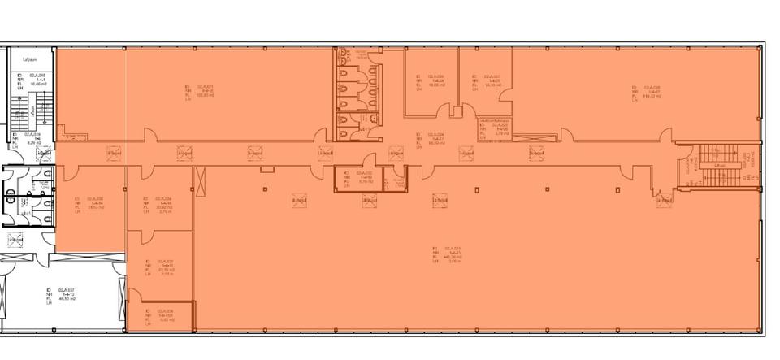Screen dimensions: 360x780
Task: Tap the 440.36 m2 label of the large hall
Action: point(448,254)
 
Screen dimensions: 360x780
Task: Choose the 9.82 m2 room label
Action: point(159,316)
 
